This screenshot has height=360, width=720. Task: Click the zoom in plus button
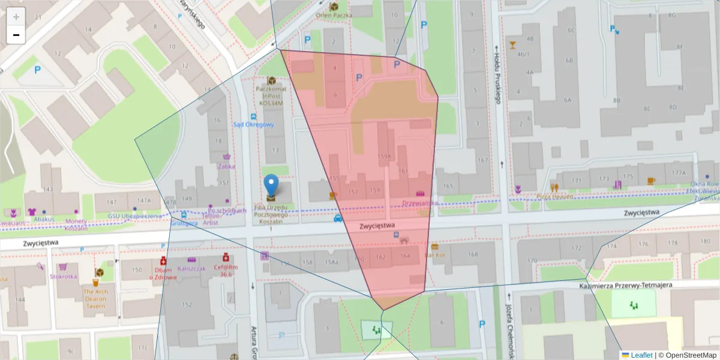pos(16,17)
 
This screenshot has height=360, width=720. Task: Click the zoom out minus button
pos(16,35)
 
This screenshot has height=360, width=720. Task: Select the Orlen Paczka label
pos(334,16)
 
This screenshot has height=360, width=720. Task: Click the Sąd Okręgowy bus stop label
pos(253,125)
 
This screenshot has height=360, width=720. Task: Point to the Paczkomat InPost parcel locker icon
pos(272,80)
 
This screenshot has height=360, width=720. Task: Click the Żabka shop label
pos(226,166)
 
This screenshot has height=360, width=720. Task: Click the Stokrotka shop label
pos(63,277)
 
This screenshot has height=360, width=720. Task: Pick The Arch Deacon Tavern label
pos(99,298)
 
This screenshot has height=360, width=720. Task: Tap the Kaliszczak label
pos(191,268)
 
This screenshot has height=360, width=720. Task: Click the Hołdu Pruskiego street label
pos(497,75)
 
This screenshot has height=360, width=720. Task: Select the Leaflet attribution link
pos(641,355)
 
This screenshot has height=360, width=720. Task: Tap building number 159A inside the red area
pos(384,157)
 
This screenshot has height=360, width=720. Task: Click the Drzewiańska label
pos(420,203)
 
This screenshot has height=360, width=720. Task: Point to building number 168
pos(473,254)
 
